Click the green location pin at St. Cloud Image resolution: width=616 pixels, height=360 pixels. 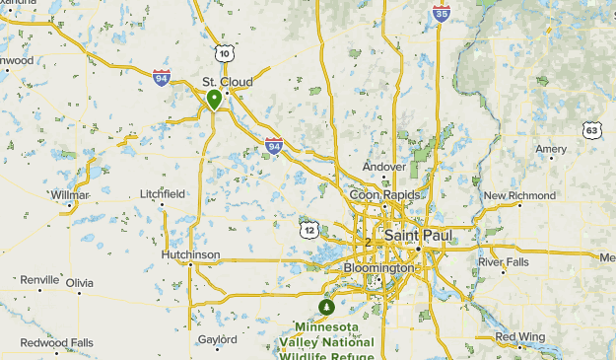(214, 99)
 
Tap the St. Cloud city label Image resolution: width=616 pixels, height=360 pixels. (223, 81)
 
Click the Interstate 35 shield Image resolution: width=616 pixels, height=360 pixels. (441, 13)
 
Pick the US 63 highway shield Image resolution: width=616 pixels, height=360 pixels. (591, 130)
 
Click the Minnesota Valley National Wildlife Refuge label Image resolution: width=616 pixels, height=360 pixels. (326, 341)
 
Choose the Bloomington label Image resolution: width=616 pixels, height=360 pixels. (379, 267)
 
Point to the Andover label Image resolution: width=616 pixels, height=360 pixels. (383, 167)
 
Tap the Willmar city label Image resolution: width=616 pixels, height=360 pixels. (70, 195)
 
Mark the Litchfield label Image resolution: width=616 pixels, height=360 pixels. (162, 193)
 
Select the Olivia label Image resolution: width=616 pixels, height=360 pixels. (80, 282)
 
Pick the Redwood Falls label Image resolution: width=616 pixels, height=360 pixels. (57, 342)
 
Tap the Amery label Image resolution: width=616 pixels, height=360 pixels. (551, 149)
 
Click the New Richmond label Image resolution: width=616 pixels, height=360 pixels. (519, 195)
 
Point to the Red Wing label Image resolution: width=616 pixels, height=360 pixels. (519, 337)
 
